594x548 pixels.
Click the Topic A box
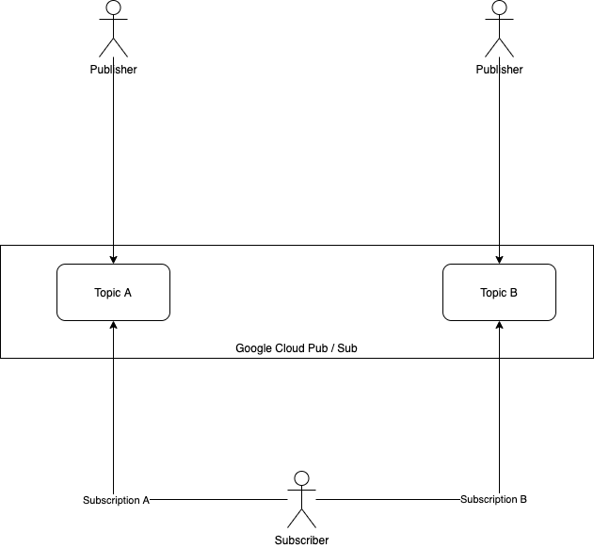113,292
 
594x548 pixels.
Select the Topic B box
499,292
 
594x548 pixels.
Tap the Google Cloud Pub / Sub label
297,348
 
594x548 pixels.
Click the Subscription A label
116,500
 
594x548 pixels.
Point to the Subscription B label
493,499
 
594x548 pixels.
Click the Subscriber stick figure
301,499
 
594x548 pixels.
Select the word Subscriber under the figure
301,540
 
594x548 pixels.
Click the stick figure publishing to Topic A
113,28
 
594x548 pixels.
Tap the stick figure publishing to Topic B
499,28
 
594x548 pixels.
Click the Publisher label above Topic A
113,70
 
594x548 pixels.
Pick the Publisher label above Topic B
499,70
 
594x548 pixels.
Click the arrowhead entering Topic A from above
113,258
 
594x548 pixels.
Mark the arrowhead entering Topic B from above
499,258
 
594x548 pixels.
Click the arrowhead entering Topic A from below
113,326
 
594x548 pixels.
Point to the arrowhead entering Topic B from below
499,326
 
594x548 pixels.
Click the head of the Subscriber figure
301,478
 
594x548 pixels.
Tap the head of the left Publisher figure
113,8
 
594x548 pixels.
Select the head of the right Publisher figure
499,8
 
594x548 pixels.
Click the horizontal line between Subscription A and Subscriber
217,499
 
